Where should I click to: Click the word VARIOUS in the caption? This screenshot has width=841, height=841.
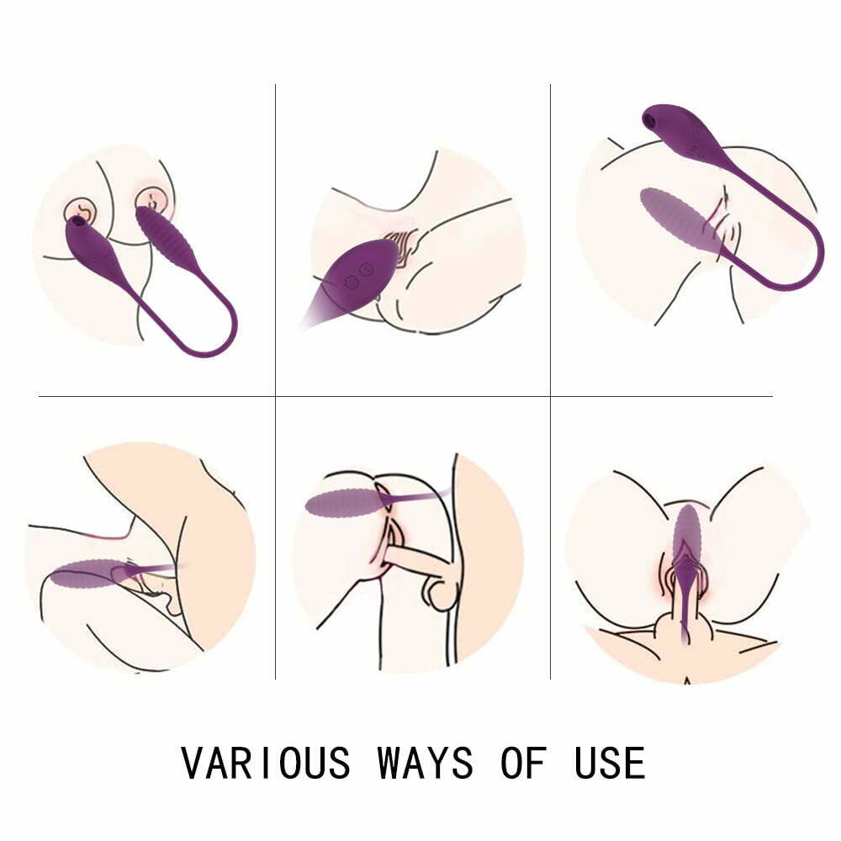click(265, 763)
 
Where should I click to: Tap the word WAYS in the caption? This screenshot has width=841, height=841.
click(425, 763)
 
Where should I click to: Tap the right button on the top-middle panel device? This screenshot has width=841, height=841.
click(366, 269)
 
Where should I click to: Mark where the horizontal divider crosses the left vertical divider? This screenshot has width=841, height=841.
click(276, 395)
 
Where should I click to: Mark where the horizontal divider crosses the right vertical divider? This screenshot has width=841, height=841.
click(550, 395)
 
